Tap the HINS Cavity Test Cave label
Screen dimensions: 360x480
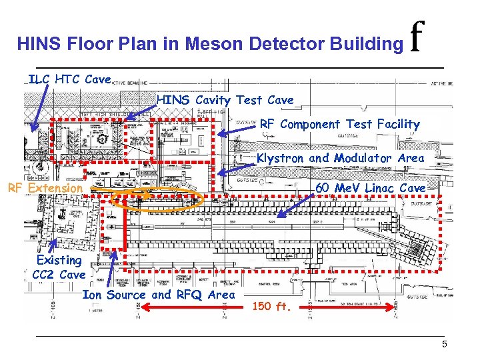tap(225, 100)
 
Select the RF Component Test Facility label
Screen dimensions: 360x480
tap(339, 124)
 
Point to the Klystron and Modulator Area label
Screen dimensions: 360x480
tap(340, 158)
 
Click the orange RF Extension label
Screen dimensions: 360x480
tap(44, 188)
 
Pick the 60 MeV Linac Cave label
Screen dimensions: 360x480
tap(370, 188)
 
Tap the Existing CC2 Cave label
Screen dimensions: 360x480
tap(59, 267)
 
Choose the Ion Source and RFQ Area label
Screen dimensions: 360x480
tap(158, 295)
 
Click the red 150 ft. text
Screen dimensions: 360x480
tap(273, 307)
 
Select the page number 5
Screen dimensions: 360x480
tap(443, 344)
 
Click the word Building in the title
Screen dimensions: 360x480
tap(370, 45)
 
